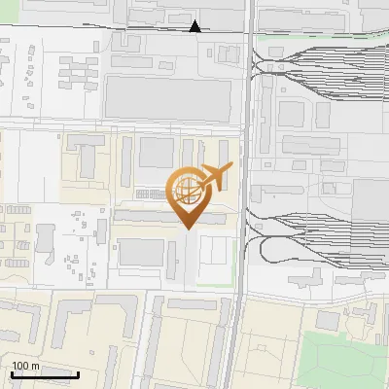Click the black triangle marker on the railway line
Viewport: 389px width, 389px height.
(x=195, y=26)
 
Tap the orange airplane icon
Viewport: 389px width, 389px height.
(x=215, y=177)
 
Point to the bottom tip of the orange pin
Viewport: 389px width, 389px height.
(x=189, y=229)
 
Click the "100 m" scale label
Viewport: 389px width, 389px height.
(x=25, y=366)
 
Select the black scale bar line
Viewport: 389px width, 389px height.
(x=45, y=374)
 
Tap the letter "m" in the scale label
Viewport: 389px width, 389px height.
(x=35, y=366)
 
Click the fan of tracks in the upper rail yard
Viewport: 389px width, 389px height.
(x=321, y=58)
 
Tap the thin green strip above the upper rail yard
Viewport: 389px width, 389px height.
(x=321, y=37)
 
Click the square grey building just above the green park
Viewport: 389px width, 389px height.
(x=329, y=320)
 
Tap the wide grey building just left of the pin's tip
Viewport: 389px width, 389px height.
(x=146, y=219)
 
